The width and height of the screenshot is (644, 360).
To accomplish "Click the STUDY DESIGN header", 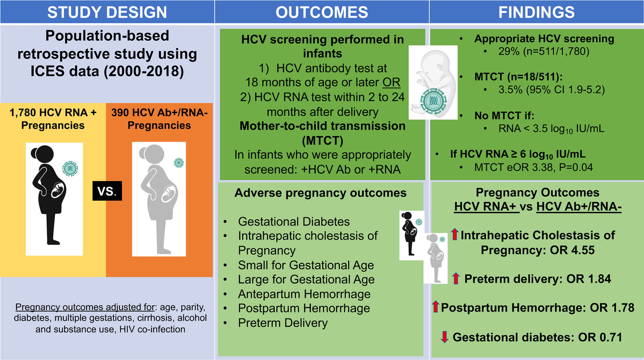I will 107,12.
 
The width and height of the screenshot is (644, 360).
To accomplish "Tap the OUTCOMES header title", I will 322,12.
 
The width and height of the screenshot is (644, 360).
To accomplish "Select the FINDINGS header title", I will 536,12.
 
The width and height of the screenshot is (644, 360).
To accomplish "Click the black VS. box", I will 107,191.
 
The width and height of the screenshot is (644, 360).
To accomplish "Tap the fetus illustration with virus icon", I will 432,82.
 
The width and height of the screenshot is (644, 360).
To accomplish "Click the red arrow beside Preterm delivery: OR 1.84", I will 456,278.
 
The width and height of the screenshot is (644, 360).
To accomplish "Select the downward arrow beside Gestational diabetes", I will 445,337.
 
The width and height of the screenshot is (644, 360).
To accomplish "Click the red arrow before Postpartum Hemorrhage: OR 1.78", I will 436,307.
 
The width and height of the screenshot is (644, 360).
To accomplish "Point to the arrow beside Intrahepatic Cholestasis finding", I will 455,234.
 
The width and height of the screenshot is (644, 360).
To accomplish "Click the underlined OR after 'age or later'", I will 391,82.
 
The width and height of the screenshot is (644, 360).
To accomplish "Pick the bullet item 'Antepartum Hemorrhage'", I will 304,294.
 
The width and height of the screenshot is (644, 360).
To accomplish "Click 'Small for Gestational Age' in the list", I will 306,265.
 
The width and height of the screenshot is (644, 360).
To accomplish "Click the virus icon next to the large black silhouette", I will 70,169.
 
